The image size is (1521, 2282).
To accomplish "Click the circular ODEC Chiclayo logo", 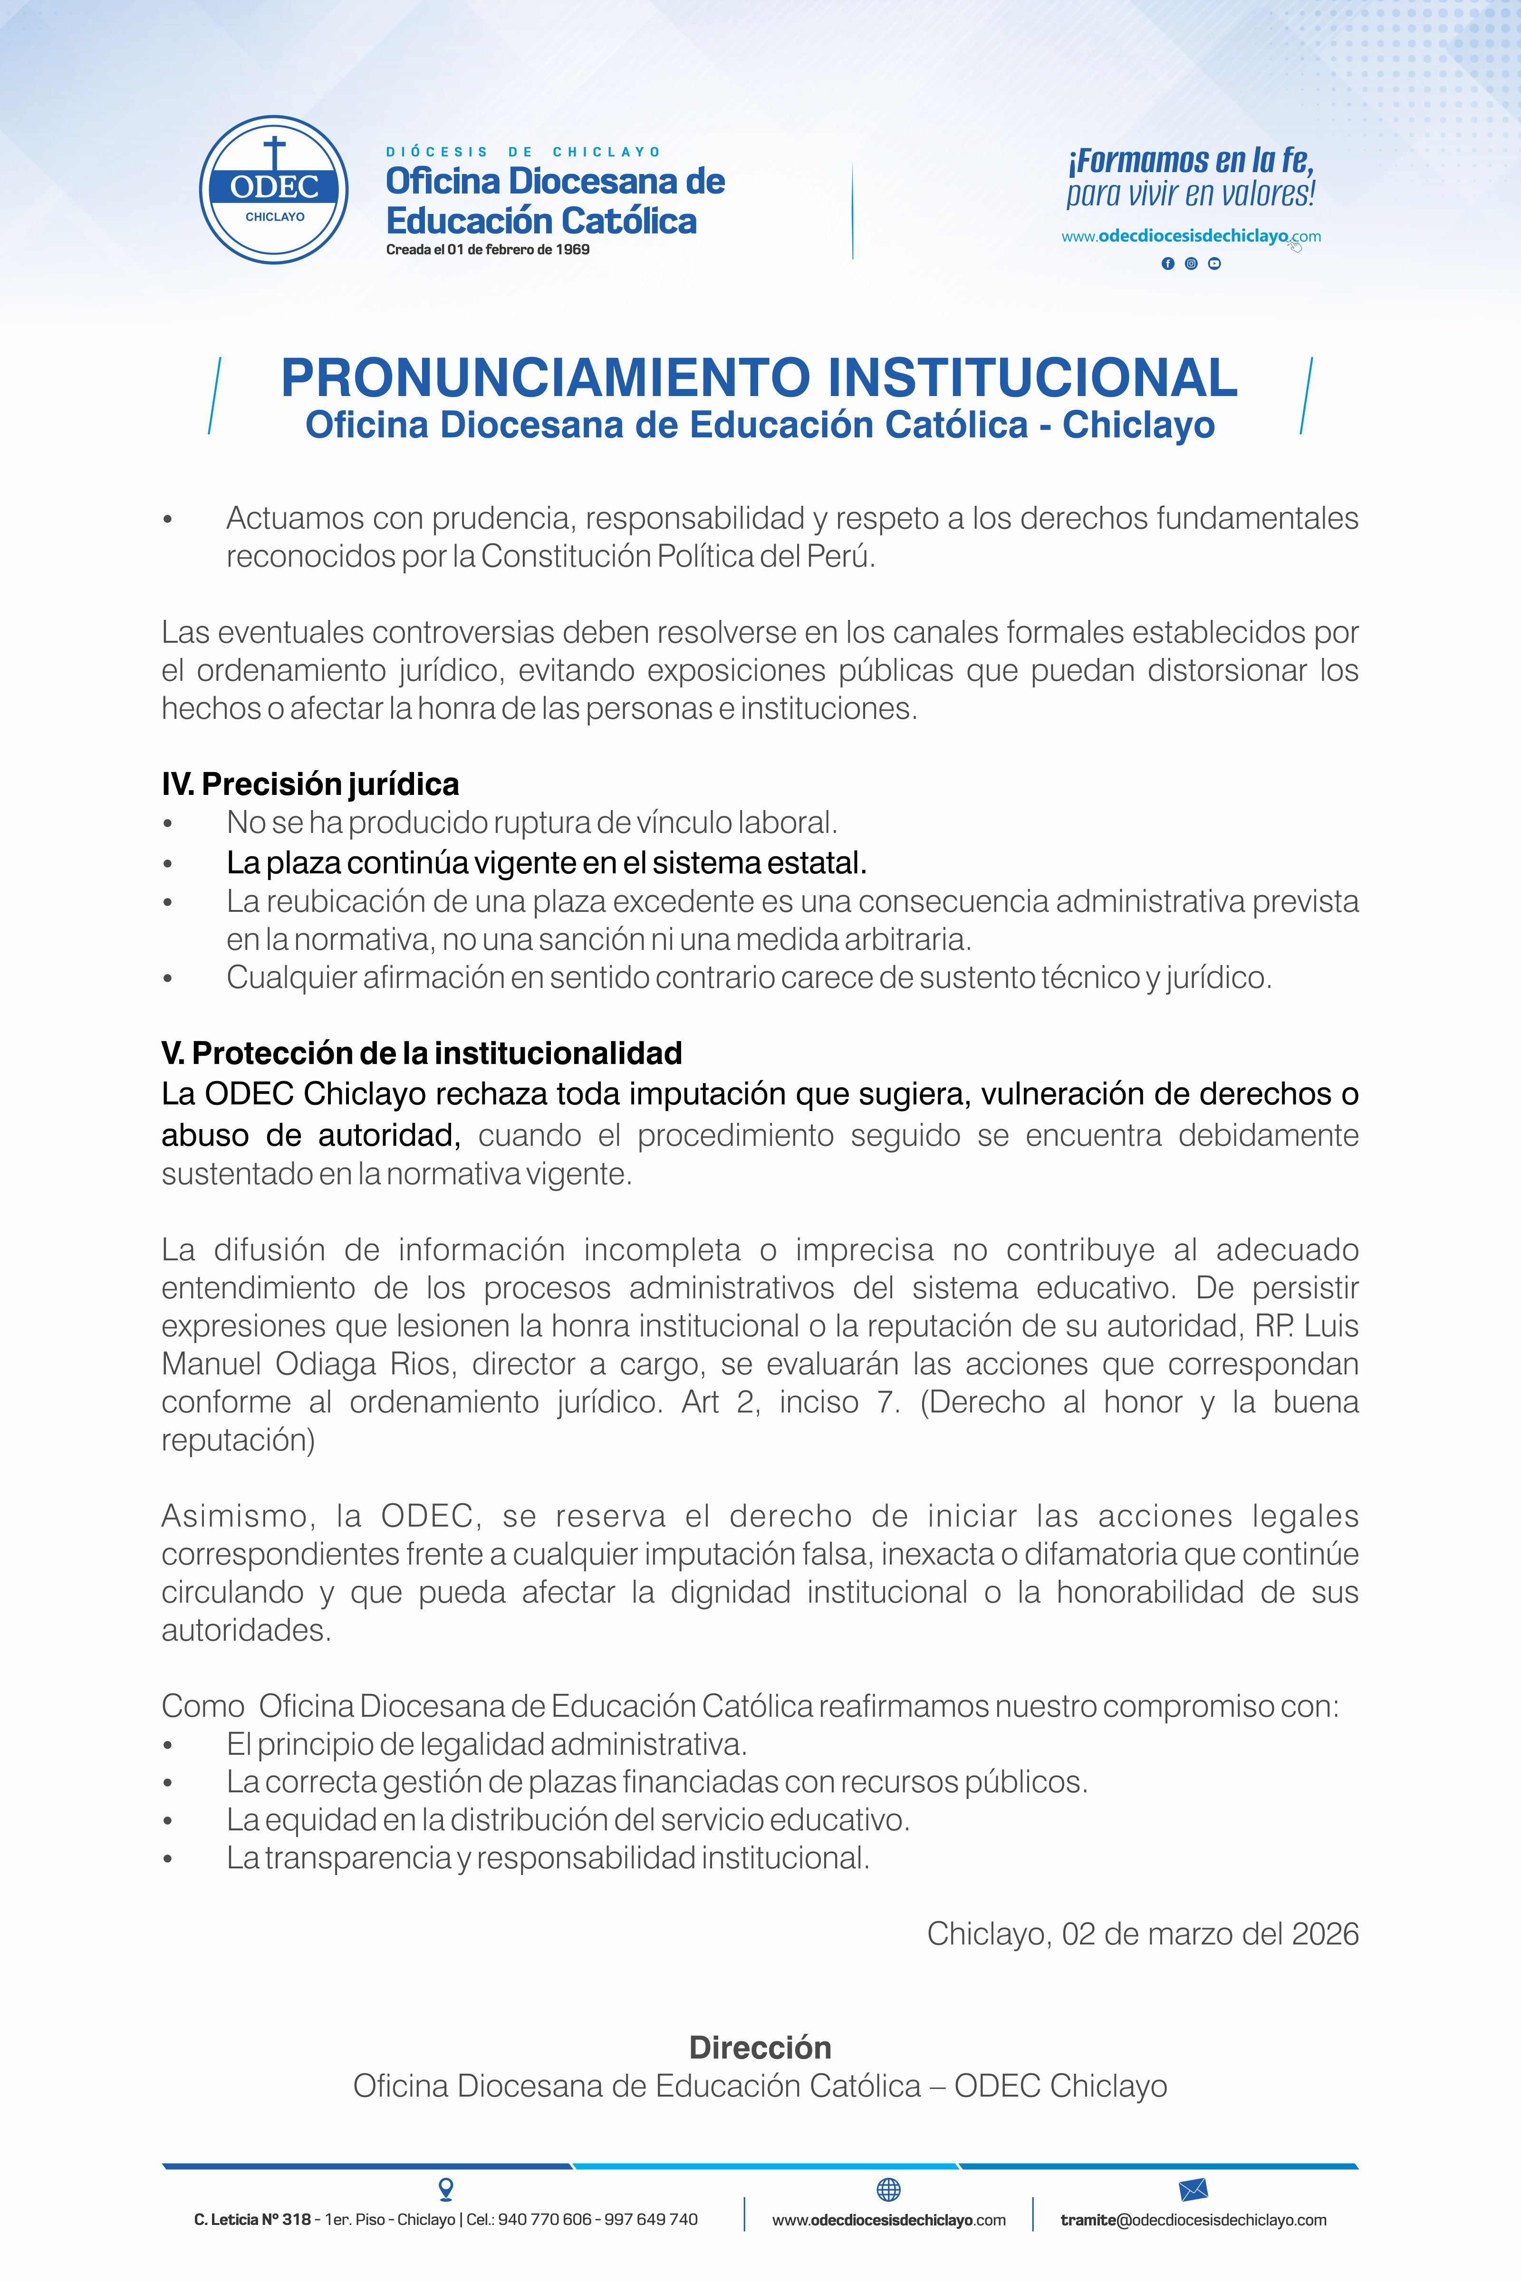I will (275, 190).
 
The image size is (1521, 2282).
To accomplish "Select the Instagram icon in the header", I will (1191, 264).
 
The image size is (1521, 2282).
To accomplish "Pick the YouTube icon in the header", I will (1214, 264).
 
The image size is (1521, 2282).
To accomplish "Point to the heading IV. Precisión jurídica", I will (310, 784).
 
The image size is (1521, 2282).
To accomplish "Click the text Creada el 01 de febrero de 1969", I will (488, 249).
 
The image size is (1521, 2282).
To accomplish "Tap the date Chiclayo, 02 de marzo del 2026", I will (1143, 1934).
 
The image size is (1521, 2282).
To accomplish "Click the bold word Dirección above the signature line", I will (760, 2047).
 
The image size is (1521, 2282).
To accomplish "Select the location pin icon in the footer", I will (446, 2189).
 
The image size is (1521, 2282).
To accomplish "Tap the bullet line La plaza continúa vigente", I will (546, 861).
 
